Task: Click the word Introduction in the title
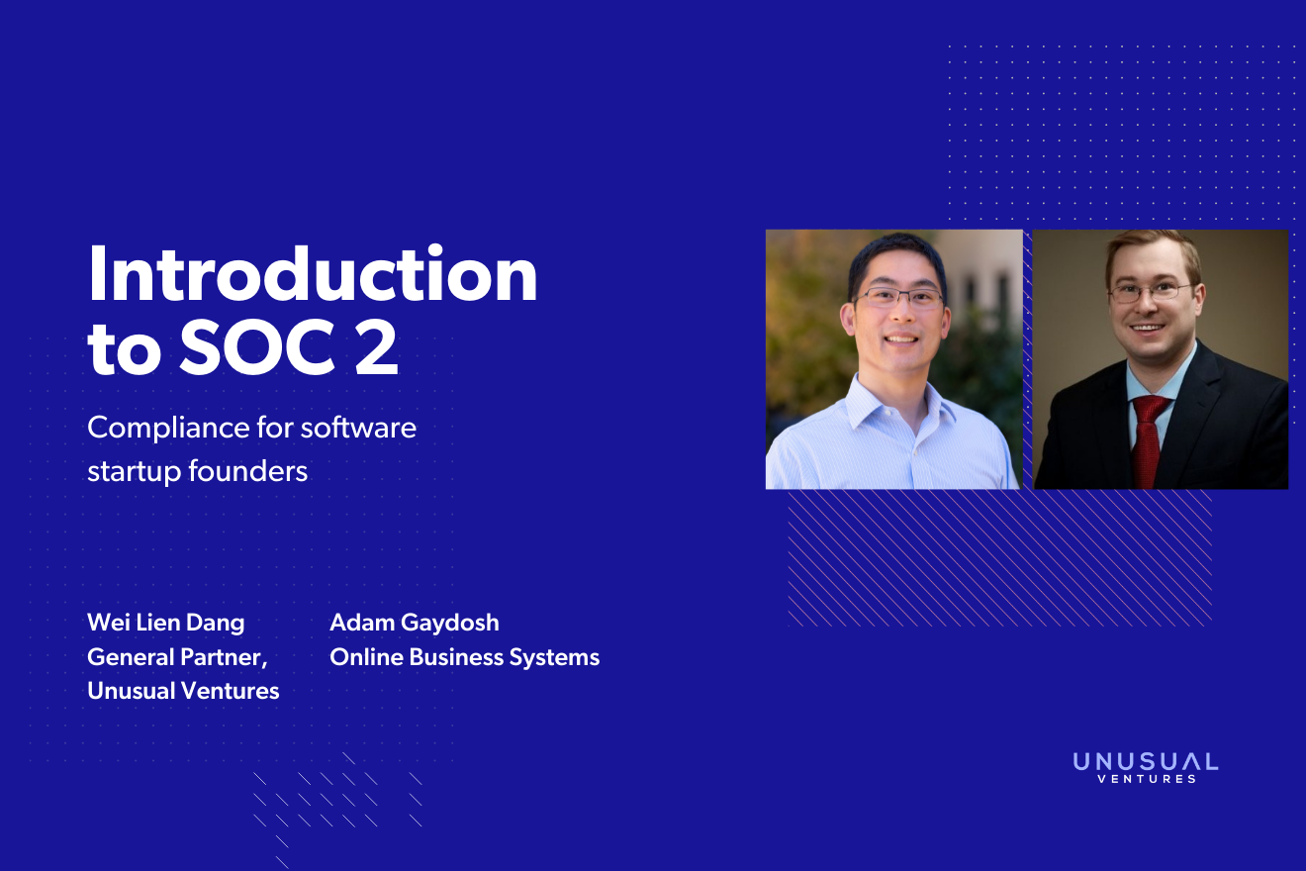(x=313, y=274)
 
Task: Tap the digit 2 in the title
(x=377, y=347)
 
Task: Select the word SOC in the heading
(x=257, y=347)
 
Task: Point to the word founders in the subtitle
(x=247, y=471)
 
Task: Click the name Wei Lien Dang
(x=165, y=624)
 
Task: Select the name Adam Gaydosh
(x=414, y=624)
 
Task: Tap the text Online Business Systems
(x=465, y=657)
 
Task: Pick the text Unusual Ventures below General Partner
(x=183, y=691)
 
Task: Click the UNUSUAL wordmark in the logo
(x=1146, y=762)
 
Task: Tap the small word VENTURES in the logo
(x=1147, y=779)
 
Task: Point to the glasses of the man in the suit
(x=1151, y=292)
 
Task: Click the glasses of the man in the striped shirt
(x=899, y=298)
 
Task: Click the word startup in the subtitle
(x=134, y=472)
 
